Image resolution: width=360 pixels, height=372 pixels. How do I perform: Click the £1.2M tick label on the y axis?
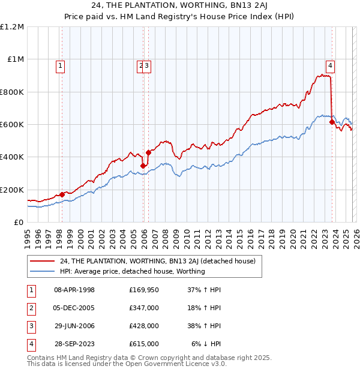coord(12,27)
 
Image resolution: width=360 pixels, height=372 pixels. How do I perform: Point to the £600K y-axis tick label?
coord(12,125)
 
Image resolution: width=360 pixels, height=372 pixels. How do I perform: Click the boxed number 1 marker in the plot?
coord(61,66)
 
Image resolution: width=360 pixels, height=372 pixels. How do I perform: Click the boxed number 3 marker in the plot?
coord(147,66)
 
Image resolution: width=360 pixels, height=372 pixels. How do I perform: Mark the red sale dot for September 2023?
coord(332,122)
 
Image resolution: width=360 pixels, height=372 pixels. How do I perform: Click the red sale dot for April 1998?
coord(62,194)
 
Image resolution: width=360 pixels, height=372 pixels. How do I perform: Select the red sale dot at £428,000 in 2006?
coord(148,152)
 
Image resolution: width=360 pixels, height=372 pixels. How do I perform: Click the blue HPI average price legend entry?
coord(133,271)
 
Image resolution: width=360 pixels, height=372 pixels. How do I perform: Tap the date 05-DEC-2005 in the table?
coord(74,307)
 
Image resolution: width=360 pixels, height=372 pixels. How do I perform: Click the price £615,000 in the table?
coord(144,344)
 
